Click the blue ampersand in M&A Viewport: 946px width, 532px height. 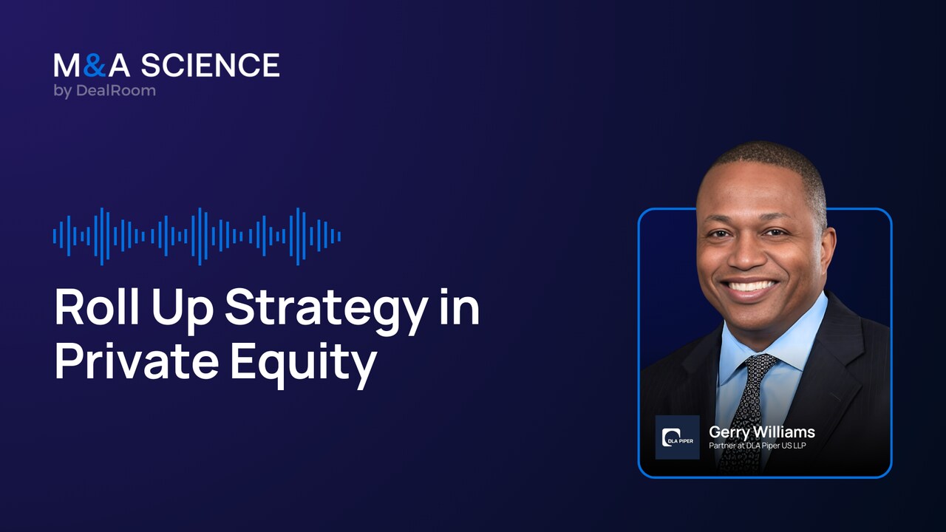coord(93,66)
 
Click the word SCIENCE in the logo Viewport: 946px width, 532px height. coord(210,66)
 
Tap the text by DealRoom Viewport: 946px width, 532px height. coord(104,91)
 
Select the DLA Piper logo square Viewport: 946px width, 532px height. coord(677,437)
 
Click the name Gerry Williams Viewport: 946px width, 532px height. coord(761,432)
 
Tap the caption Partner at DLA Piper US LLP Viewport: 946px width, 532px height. coord(757,446)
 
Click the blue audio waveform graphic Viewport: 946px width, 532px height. coord(197,236)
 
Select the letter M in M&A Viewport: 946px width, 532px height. coord(67,66)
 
